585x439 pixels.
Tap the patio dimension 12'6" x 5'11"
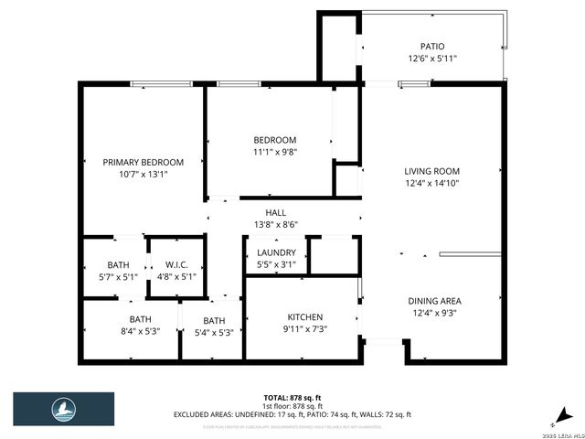pos(431,58)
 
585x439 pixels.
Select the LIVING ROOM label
pos(431,171)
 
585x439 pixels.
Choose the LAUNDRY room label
pos(275,253)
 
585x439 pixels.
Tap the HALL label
pos(275,212)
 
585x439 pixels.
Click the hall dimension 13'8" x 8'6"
pos(275,224)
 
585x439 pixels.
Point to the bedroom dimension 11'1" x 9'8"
pos(275,153)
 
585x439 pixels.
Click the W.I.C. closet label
pos(176,264)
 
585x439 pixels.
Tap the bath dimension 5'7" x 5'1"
pos(117,276)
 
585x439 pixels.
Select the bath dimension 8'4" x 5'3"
pos(139,332)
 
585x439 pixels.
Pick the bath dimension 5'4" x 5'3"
pos(214,333)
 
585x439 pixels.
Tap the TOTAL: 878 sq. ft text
pos(292,397)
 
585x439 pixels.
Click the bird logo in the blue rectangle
pos(62,409)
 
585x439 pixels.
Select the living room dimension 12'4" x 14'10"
pos(431,183)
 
